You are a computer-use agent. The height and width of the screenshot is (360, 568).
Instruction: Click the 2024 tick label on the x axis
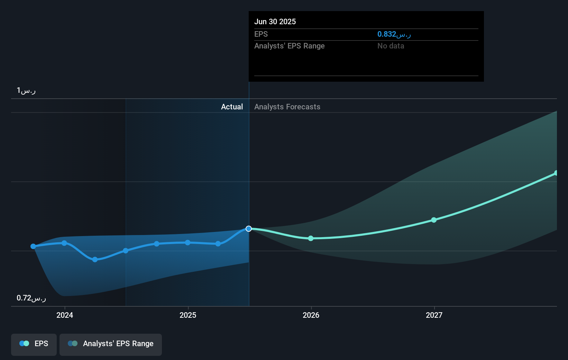click(x=65, y=315)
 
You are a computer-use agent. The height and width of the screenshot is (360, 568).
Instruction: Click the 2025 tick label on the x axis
click(x=188, y=315)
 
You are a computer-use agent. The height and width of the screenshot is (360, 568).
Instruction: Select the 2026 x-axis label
click(x=311, y=315)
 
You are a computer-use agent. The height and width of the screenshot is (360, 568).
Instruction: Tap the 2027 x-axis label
click(x=434, y=315)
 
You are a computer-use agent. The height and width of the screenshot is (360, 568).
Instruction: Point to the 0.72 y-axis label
click(x=31, y=298)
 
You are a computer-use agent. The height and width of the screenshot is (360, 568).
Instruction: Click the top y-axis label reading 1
click(x=26, y=91)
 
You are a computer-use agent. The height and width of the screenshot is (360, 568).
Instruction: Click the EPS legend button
click(x=34, y=344)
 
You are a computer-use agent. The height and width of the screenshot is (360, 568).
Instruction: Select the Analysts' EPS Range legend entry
click(x=111, y=344)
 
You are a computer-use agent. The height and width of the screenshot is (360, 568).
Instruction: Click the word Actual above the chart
click(x=232, y=107)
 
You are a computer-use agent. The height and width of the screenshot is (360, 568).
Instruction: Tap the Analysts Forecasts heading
click(x=287, y=107)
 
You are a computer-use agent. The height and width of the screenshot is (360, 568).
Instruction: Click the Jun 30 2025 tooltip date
click(x=275, y=21)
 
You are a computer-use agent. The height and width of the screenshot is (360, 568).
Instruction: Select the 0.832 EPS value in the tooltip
click(x=394, y=34)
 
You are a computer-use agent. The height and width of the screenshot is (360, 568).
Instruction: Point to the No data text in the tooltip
click(x=391, y=46)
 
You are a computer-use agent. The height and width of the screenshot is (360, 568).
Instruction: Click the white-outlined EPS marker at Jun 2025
click(x=249, y=229)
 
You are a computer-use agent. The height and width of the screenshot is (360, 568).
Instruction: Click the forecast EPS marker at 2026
click(x=311, y=238)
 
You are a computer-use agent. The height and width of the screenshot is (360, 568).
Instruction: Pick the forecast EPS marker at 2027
click(x=434, y=220)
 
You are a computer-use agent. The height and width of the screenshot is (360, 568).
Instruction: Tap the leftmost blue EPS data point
click(x=33, y=246)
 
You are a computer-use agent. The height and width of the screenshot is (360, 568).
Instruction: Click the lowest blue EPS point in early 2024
click(x=95, y=259)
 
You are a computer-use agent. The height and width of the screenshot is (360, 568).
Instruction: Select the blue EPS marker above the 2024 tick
click(x=64, y=243)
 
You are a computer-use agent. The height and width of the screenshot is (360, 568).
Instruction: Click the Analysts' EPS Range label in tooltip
click(x=289, y=46)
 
